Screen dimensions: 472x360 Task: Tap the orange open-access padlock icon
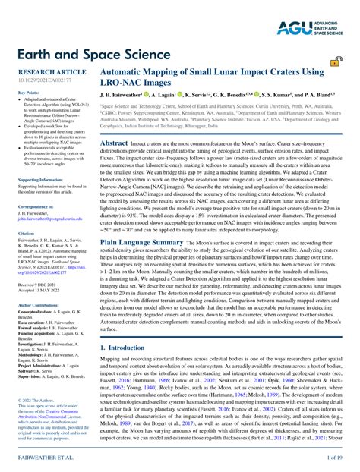coord(336,65)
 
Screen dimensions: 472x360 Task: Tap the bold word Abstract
coord(115,143)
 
